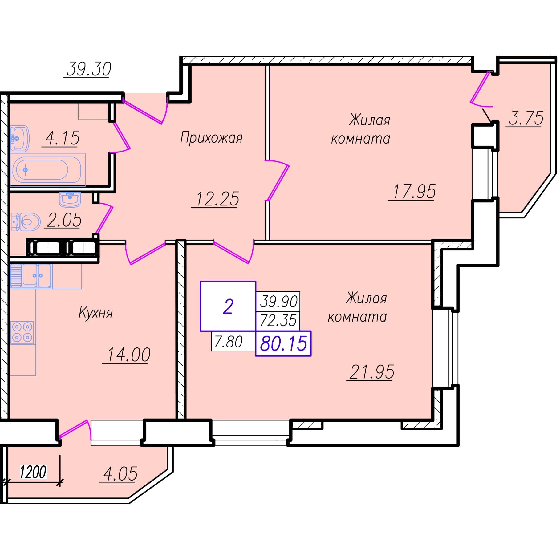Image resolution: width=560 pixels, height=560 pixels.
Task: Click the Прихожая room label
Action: tap(211, 138)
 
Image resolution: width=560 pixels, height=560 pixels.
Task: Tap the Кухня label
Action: tap(96, 312)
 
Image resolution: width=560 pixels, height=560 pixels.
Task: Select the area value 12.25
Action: tap(217, 199)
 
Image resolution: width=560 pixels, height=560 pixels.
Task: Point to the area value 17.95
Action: tap(415, 191)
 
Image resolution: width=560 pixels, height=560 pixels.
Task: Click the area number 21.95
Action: tap(372, 372)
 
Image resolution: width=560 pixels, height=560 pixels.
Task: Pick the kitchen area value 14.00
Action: tap(128, 355)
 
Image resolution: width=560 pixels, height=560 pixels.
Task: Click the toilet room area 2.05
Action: tap(64, 220)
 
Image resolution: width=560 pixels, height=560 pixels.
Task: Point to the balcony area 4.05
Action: tap(120, 474)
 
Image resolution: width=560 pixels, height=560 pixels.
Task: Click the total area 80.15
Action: tap(284, 343)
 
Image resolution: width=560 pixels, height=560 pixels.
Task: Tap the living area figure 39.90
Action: tap(279, 301)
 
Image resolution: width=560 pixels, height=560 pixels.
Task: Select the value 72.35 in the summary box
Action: tap(278, 320)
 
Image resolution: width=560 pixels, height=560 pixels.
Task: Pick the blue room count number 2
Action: tap(228, 307)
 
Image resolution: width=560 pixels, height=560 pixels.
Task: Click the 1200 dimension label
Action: tap(33, 472)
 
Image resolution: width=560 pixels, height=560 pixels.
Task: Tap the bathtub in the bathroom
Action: tap(47, 169)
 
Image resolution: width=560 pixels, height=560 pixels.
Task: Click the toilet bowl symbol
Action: tap(26, 222)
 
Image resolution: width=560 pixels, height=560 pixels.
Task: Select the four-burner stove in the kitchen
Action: tap(22, 332)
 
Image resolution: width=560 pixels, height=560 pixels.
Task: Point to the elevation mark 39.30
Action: tap(89, 69)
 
